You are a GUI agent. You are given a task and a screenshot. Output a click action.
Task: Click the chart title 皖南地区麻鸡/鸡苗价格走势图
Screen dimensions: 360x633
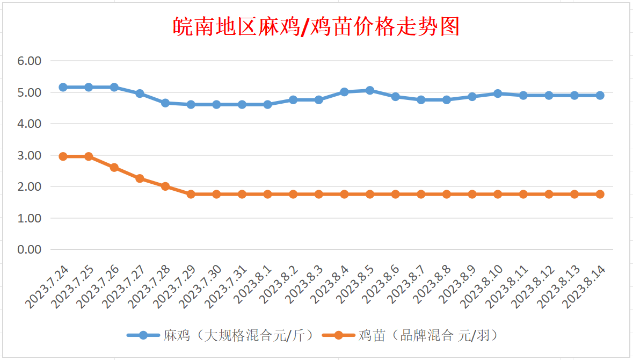[316, 26]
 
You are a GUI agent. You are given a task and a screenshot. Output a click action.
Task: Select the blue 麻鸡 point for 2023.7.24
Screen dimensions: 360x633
[63, 87]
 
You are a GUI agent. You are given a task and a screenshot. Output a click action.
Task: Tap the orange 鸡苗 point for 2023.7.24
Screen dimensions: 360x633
[63, 156]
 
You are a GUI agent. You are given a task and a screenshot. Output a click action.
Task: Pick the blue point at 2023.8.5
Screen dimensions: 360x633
[370, 90]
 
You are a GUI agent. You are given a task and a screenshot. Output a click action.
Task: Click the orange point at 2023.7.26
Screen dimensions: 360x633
[114, 167]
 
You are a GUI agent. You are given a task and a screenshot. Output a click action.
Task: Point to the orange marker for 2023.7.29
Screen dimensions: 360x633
[191, 194]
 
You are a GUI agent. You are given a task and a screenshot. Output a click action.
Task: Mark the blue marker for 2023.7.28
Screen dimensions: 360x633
[165, 103]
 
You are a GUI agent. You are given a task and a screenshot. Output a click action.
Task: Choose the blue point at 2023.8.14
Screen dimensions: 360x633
[600, 95]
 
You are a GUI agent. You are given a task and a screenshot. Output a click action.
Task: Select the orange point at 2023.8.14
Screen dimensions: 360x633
[600, 194]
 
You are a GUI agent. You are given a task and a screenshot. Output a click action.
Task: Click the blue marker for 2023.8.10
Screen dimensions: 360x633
[498, 93]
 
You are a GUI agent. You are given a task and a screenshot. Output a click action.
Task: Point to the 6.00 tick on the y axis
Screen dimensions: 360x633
[30, 61]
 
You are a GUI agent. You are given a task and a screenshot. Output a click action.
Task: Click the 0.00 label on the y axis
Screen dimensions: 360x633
[30, 250]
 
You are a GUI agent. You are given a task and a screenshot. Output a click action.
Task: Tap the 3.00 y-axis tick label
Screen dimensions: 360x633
[30, 155]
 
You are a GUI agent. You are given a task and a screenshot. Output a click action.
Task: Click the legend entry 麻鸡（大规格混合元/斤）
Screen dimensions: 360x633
[221, 336]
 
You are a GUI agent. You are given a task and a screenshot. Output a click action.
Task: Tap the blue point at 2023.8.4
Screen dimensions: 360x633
[344, 92]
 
